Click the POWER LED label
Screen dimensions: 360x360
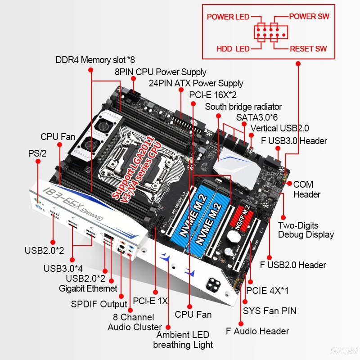[228, 17]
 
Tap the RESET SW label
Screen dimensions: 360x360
[308, 49]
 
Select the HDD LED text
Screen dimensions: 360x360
[233, 49]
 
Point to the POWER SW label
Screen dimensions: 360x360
[309, 17]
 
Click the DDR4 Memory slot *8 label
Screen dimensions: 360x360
[95, 60]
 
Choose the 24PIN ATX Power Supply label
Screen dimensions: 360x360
[196, 83]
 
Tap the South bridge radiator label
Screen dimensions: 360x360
[243, 107]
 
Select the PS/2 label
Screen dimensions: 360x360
[37, 153]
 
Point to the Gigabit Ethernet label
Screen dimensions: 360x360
[88, 288]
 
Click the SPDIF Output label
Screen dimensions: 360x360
[99, 304]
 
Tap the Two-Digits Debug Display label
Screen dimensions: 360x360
[306, 230]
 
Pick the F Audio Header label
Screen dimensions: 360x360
[257, 331]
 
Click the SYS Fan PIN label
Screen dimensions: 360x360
[270, 310]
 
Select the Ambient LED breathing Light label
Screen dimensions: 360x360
[183, 340]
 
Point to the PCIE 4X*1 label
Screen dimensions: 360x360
[267, 290]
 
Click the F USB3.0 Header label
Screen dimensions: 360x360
[294, 141]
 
